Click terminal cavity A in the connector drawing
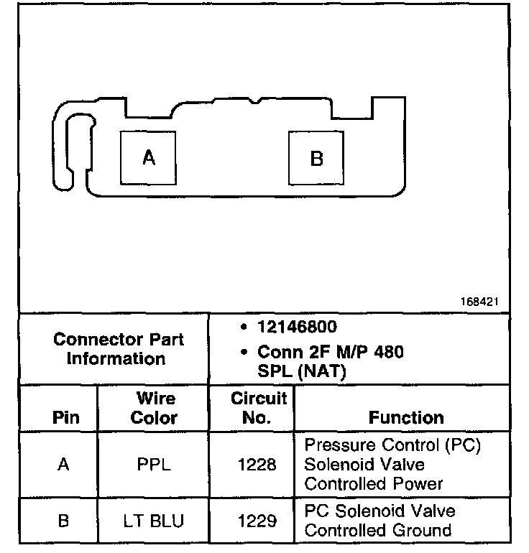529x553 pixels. [149, 157]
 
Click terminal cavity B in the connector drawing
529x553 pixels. [316, 157]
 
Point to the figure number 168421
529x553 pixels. [480, 302]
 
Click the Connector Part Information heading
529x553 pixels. [119, 348]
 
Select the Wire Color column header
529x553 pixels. [154, 408]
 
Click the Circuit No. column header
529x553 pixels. [258, 408]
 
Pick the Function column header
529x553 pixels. [406, 417]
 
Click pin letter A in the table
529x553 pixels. [64, 465]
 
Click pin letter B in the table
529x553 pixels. [64, 521]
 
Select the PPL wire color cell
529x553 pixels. [154, 465]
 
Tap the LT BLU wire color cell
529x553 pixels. [154, 521]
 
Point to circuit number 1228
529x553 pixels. [257, 465]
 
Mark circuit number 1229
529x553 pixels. [257, 521]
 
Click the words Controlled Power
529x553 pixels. [374, 483]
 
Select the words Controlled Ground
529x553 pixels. [378, 530]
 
